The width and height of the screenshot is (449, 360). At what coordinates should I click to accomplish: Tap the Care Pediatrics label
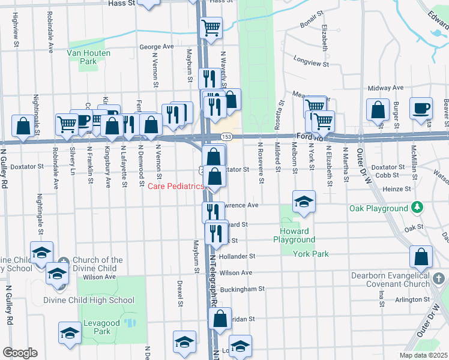coord(176,187)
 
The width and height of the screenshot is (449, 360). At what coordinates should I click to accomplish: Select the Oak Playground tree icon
coord(417,208)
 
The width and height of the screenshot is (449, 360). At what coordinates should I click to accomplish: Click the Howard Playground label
coord(294,235)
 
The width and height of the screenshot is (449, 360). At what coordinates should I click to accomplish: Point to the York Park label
coord(310,254)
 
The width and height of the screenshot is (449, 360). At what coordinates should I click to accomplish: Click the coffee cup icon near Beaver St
coord(421,108)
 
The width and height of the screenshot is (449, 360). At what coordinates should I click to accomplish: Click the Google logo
coord(19,353)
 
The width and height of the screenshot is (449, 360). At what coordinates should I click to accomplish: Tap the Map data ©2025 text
coord(423,355)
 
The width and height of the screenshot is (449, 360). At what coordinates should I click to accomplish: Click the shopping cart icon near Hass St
coord(211,26)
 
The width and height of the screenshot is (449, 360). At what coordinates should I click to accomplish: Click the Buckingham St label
coord(242,289)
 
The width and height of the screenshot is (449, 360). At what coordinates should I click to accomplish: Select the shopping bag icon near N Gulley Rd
coord(23,126)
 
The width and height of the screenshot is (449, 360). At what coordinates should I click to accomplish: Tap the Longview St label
coord(311,62)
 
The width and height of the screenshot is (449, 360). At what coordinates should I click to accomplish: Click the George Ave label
coord(156,46)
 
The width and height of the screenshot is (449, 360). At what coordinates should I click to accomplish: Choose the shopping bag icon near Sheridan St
coord(220,319)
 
